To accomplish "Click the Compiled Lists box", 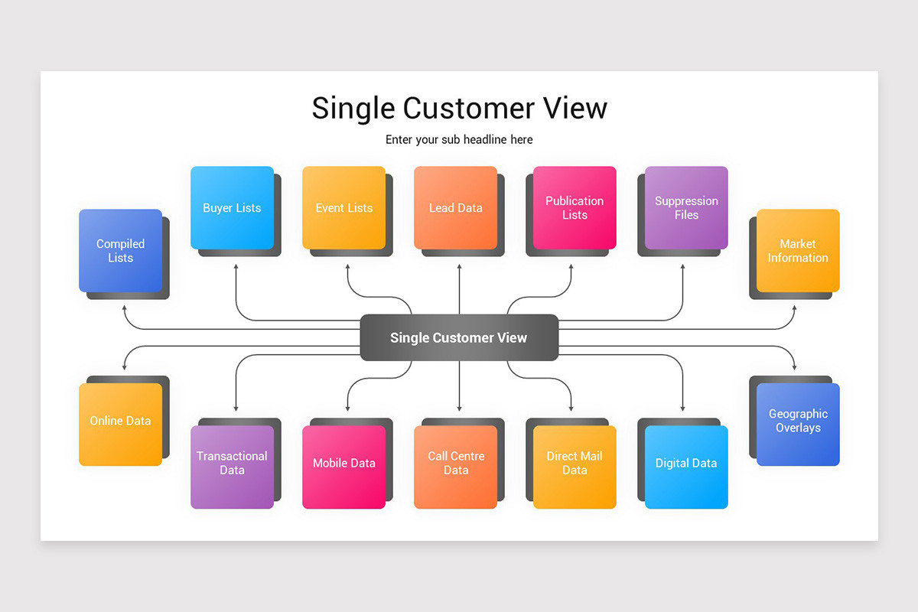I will tap(120, 251).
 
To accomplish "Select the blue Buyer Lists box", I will tap(232, 208).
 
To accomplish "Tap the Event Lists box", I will tap(343, 208).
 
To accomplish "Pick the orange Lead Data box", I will tap(455, 208).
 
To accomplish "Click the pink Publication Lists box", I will tap(575, 208).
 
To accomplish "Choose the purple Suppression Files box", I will tap(686, 208).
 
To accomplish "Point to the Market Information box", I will tap(798, 251).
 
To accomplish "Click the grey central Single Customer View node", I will tap(459, 337).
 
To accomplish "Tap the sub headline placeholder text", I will tap(459, 140).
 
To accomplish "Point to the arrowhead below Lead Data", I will tap(459, 268).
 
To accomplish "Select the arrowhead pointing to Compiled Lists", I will tap(124, 308).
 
